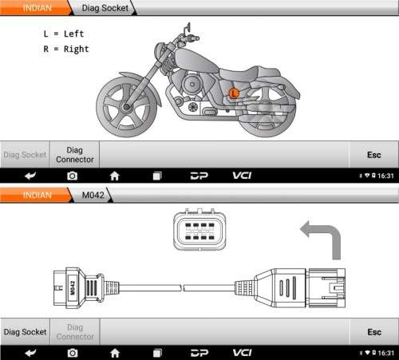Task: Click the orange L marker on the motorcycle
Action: (234, 93)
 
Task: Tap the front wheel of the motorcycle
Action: (127, 107)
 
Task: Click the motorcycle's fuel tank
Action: (196, 60)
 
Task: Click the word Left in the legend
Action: (73, 34)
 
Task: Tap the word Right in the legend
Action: (76, 49)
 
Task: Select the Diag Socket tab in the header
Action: (105, 8)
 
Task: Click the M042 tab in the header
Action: (93, 195)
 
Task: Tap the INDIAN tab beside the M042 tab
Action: (37, 195)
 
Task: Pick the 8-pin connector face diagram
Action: (199, 230)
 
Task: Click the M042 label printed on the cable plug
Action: (73, 288)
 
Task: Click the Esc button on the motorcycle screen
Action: (374, 155)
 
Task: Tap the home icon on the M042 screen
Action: (115, 353)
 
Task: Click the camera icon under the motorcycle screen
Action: (72, 176)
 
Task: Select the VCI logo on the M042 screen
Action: (242, 353)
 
